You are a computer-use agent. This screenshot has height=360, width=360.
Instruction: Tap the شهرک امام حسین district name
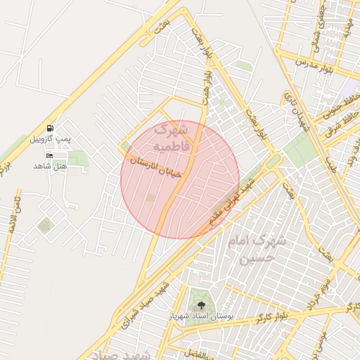pos(257,250)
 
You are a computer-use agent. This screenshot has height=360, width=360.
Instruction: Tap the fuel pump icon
pos(50,129)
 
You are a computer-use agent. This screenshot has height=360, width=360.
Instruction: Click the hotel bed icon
pos(49,155)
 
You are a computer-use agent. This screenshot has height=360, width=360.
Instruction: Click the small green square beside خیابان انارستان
pos(127,146)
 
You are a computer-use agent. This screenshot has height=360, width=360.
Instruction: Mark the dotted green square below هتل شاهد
pos(46,225)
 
